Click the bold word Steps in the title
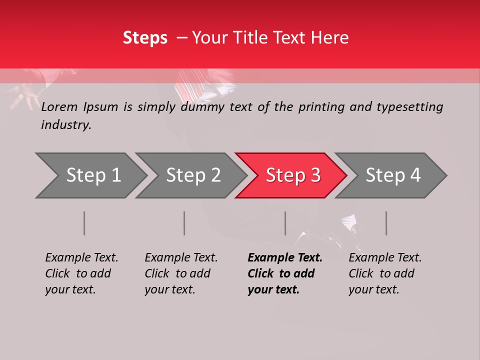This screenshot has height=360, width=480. (x=145, y=38)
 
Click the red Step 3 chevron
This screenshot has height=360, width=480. (x=293, y=175)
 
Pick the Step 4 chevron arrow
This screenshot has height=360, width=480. (x=393, y=175)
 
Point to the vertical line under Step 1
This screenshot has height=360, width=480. (x=84, y=223)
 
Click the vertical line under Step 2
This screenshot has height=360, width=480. (x=184, y=223)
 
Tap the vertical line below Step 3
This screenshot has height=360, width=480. (x=285, y=223)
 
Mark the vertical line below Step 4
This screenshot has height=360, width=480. (x=386, y=223)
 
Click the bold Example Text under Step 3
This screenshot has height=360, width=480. (x=285, y=258)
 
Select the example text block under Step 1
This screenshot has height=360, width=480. (x=81, y=273)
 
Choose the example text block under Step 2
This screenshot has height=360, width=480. (x=181, y=273)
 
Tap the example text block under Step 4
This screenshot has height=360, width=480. (x=385, y=273)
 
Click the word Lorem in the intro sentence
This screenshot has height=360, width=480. (x=59, y=106)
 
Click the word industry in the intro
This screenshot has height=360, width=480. (x=66, y=125)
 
